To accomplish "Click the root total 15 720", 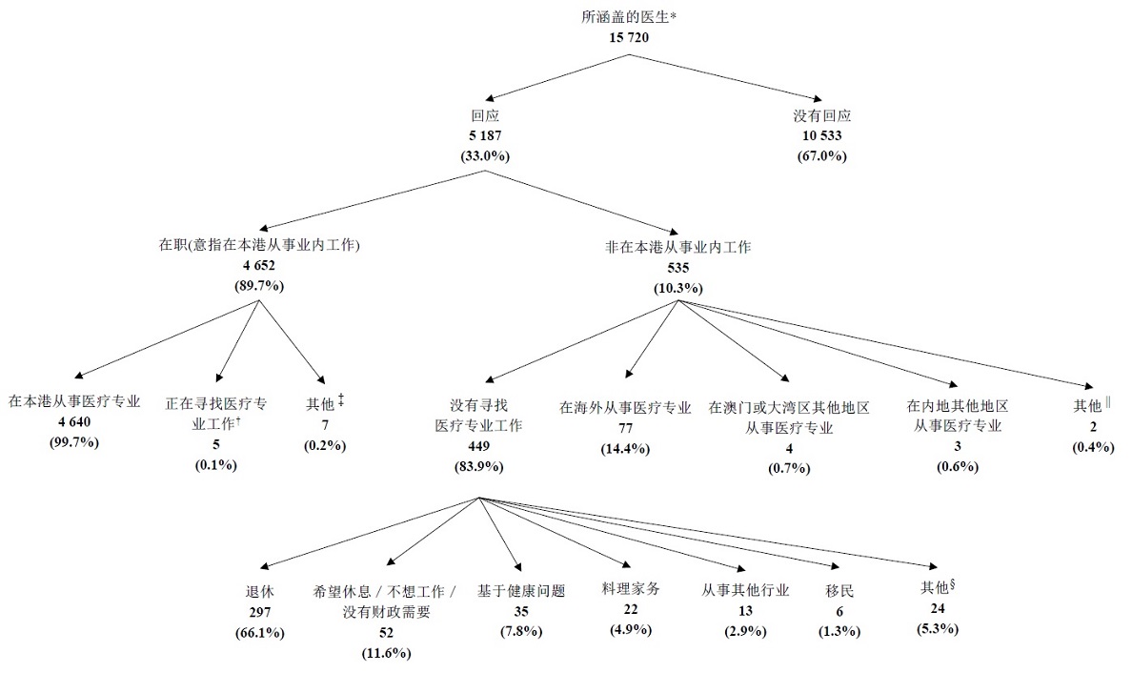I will point(628,36).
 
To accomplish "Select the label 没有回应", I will point(821,116).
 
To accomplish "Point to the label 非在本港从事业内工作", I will point(677,247).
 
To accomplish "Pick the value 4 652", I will point(259,266).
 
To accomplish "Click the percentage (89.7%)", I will point(259,285).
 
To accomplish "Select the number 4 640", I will point(73,423).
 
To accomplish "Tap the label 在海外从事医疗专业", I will point(625,408).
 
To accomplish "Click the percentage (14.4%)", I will point(625,448).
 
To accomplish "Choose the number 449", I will point(478,446).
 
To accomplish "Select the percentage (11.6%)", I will point(386,653).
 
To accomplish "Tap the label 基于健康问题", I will point(521,591).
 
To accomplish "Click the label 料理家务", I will point(630,589).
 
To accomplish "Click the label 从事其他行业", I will point(744,590).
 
